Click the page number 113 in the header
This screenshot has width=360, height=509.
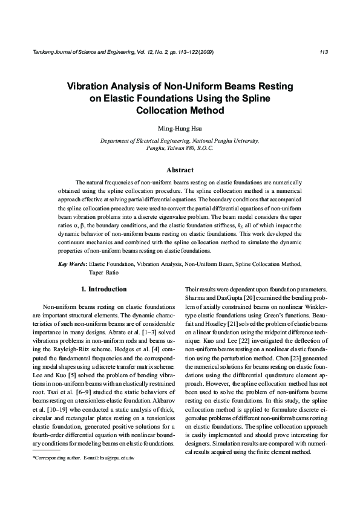click(323, 52)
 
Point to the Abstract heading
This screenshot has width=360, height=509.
click(180, 170)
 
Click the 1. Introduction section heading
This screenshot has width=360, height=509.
click(103, 289)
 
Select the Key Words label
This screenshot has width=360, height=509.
click(72, 264)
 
